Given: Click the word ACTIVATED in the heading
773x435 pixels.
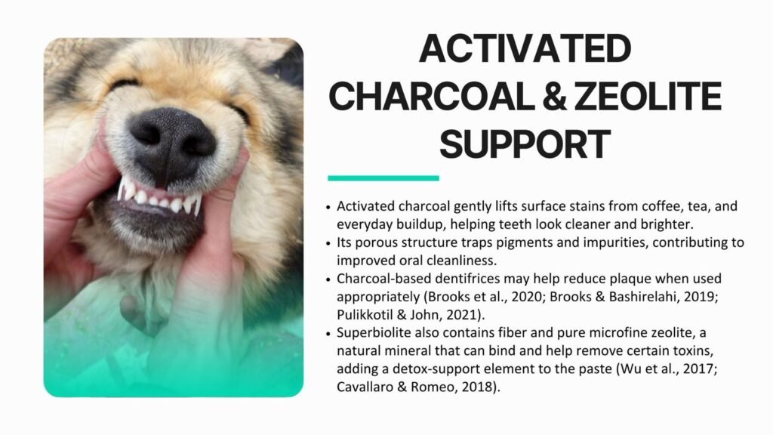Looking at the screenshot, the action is tap(525, 48).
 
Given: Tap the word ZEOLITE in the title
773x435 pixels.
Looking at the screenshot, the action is tap(648, 96).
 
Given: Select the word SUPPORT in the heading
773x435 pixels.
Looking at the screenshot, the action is tap(525, 144).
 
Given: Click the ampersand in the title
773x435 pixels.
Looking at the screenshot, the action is tap(554, 96).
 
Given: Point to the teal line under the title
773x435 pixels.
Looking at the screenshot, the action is tap(383, 178).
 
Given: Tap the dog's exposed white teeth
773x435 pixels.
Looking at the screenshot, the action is tap(159, 197).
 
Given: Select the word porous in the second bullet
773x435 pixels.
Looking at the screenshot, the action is tap(377, 243).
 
